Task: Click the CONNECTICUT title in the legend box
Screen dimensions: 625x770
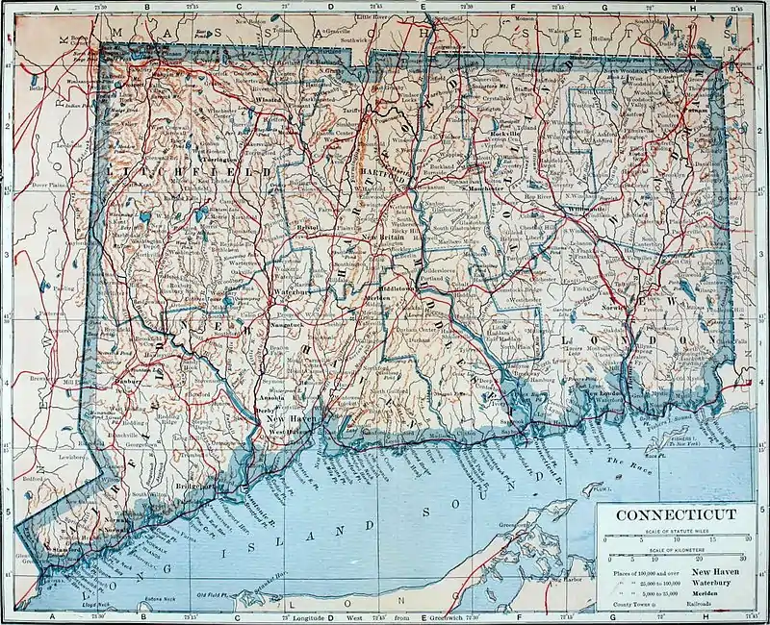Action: click(x=675, y=514)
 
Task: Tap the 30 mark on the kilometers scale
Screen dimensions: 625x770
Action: click(x=741, y=558)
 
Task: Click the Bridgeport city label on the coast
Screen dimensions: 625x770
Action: click(x=192, y=487)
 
